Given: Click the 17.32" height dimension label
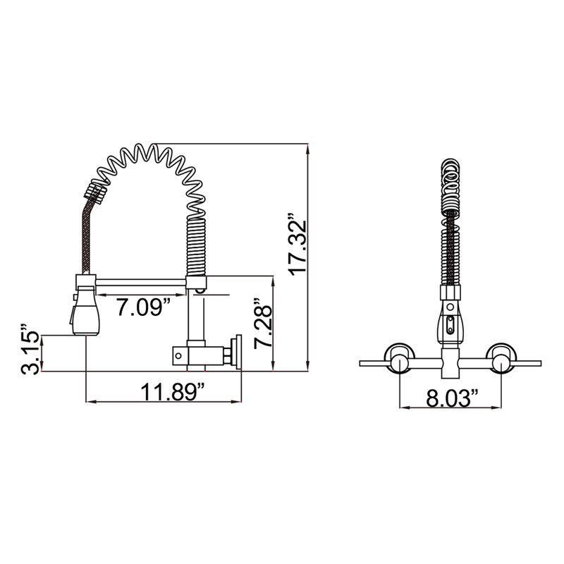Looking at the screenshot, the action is [x=298, y=244].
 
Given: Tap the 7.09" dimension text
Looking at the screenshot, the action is [x=142, y=307].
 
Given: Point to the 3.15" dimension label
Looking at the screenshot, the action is [x=30, y=348].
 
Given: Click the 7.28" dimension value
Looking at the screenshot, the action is [x=263, y=323].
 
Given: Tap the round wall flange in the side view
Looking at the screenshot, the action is [x=238, y=352].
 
